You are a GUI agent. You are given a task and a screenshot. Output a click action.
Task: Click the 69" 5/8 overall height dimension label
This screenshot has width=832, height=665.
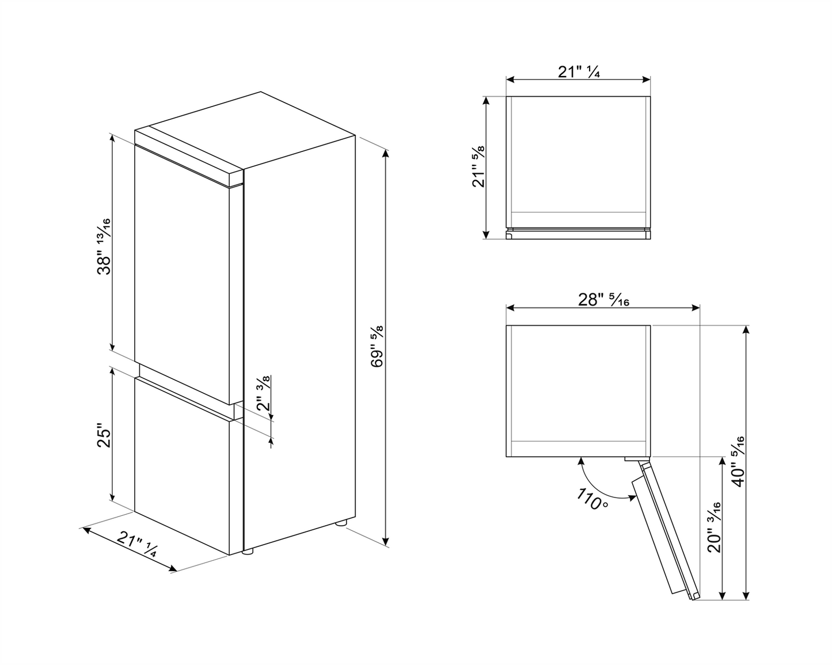point(377,347)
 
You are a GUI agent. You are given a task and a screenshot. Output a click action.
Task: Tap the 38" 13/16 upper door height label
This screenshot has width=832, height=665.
point(104,246)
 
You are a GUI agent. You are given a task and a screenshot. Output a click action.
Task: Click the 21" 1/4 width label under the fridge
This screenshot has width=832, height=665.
point(136,544)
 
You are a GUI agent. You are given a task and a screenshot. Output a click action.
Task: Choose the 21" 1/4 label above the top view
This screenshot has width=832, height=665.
point(579,72)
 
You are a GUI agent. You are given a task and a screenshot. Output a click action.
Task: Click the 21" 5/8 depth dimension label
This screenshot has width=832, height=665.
point(478,166)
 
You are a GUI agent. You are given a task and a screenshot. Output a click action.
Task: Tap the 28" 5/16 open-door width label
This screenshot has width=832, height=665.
point(603,300)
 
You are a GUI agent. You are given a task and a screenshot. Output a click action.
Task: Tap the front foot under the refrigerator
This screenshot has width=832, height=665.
point(248,552)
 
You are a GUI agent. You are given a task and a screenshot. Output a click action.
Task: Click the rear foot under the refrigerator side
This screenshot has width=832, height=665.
point(341,523)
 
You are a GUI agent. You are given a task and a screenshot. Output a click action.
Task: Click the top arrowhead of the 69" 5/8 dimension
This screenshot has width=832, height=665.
point(385,154)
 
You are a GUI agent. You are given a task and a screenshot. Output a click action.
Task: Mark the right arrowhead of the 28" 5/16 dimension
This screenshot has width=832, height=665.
point(696,308)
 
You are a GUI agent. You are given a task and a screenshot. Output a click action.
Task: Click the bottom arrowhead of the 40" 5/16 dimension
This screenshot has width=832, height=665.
point(747,596)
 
